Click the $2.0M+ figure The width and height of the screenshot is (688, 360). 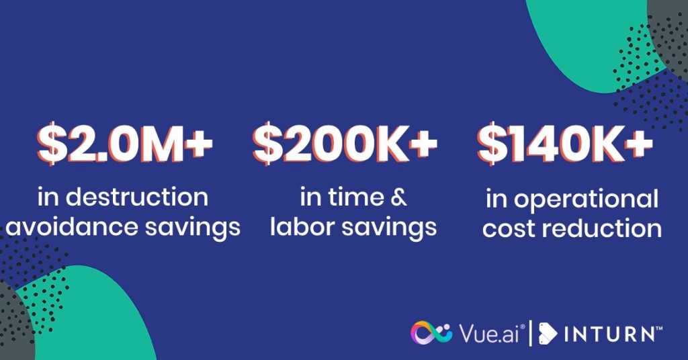pyautogui.click(x=125, y=144)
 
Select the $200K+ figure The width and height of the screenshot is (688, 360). pyautogui.click(x=345, y=144)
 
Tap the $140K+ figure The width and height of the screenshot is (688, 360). pyautogui.click(x=565, y=144)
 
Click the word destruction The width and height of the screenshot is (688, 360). pyautogui.click(x=137, y=197)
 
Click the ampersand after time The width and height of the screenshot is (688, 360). pyautogui.click(x=398, y=197)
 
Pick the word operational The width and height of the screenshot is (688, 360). pyautogui.click(x=586, y=199)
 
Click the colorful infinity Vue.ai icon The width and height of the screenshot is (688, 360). pyautogui.click(x=431, y=333)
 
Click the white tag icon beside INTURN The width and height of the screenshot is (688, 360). pyautogui.click(x=548, y=334)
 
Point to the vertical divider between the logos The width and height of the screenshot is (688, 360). pyautogui.click(x=531, y=333)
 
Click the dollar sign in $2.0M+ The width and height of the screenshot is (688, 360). pyautogui.click(x=52, y=144)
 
